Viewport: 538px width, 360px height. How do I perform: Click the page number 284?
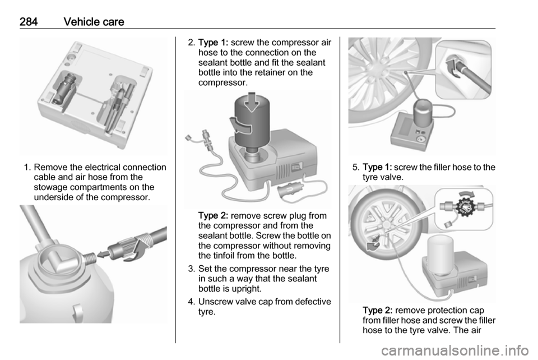point(29,22)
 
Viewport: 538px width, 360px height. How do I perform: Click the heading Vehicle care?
point(94,22)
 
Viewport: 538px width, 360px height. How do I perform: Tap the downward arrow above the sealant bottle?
point(252,102)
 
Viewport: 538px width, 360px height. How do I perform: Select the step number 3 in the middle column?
point(192,269)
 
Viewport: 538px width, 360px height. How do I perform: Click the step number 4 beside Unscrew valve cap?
point(192,302)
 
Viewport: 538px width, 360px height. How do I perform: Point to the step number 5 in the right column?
point(356,167)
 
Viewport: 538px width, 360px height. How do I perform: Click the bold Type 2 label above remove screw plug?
point(213,215)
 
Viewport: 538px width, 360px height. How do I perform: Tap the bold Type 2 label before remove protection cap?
point(377,310)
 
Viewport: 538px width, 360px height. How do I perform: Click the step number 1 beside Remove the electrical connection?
point(27,167)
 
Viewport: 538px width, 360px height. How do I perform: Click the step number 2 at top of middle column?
point(192,43)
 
